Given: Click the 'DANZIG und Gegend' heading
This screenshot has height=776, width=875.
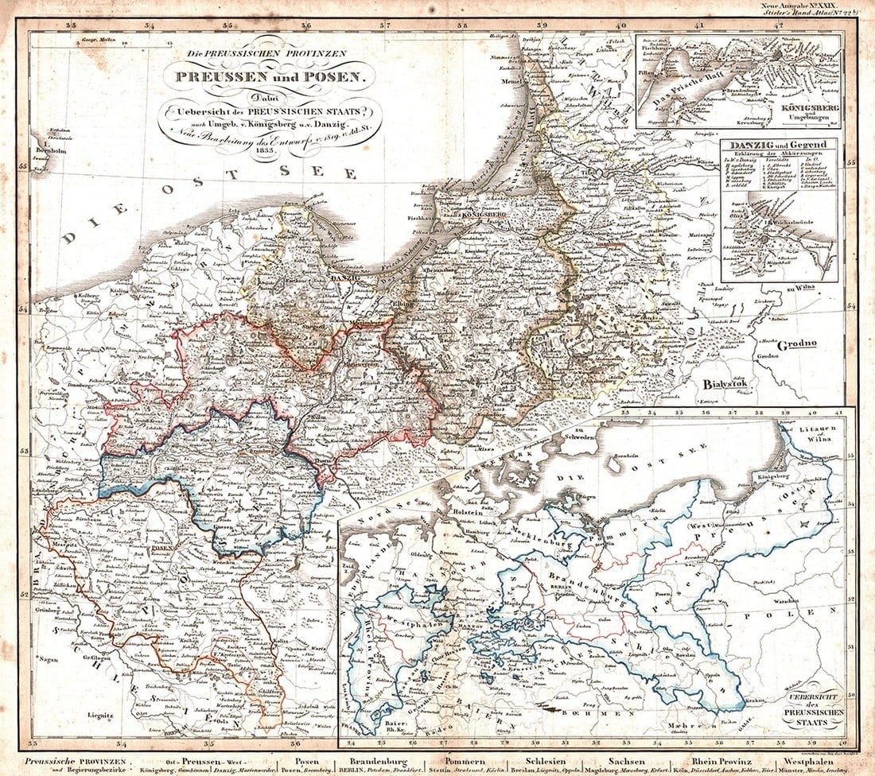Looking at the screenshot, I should tap(779, 145).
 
